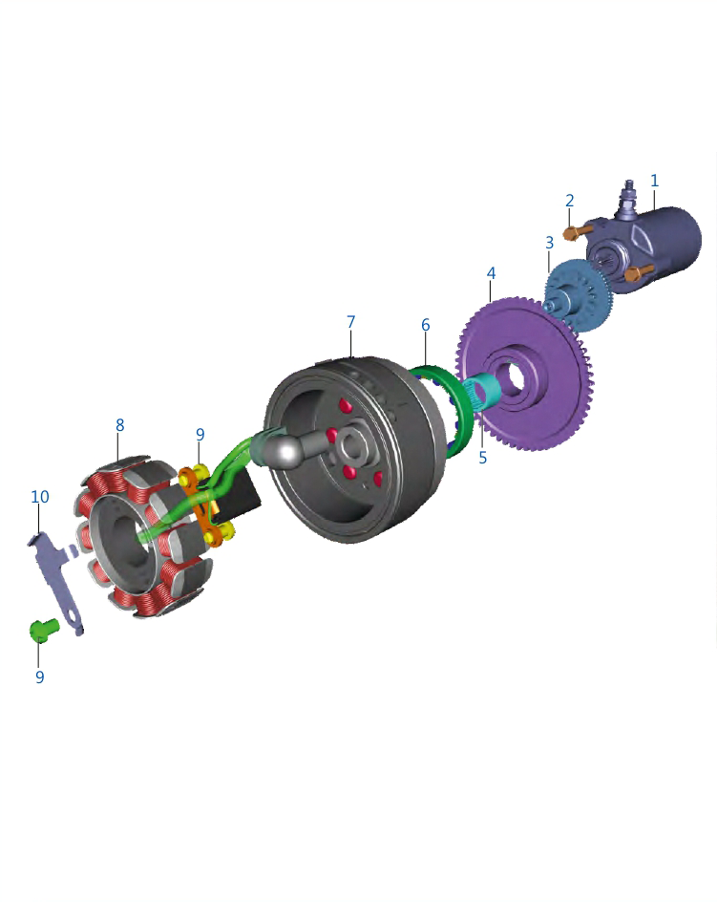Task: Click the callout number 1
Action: pyautogui.click(x=654, y=181)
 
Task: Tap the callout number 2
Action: pyautogui.click(x=569, y=201)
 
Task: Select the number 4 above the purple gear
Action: pyautogui.click(x=491, y=272)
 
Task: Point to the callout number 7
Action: pyautogui.click(x=350, y=322)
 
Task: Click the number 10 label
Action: pyautogui.click(x=40, y=497)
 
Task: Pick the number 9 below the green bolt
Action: pyautogui.click(x=40, y=676)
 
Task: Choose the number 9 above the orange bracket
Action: pyautogui.click(x=200, y=435)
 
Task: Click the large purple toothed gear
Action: pyautogui.click(x=525, y=374)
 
